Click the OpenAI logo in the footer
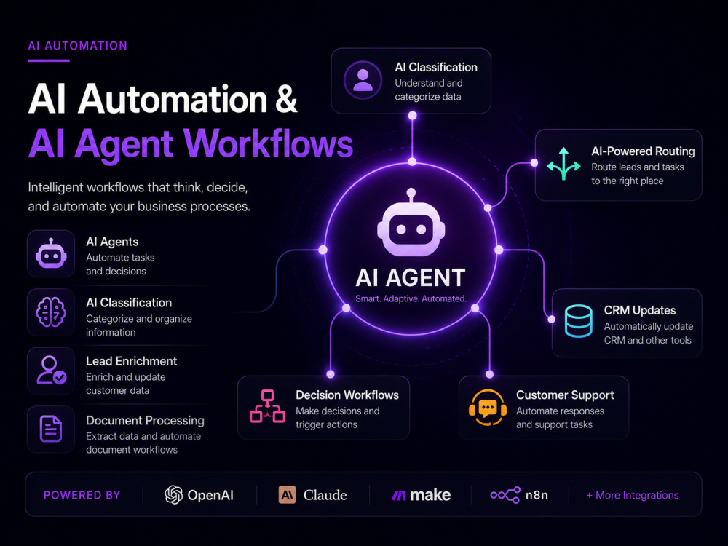(x=174, y=495)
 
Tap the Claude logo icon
(x=287, y=495)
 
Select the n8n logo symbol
(x=505, y=495)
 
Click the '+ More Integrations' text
(x=633, y=495)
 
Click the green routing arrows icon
(x=563, y=163)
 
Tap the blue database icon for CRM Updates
(x=579, y=321)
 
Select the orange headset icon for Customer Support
(x=487, y=408)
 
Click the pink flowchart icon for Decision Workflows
(x=267, y=406)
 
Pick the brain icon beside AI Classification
(x=51, y=312)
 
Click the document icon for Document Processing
(x=51, y=429)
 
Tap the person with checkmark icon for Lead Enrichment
(x=52, y=370)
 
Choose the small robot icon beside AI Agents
(x=51, y=253)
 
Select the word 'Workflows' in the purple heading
(x=269, y=143)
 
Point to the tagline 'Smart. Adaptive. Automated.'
(x=411, y=298)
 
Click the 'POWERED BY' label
(x=82, y=495)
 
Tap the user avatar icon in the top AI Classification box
(x=363, y=80)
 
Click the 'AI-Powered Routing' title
(x=643, y=151)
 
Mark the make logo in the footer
(x=421, y=495)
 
